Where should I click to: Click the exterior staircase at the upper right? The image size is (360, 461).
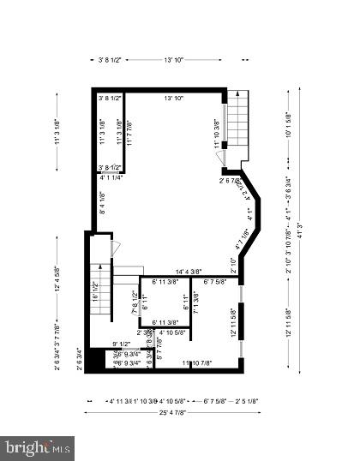point(236,126)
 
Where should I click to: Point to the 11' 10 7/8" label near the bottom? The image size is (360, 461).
point(197,363)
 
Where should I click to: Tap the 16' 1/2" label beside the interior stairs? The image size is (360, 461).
point(95,293)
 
